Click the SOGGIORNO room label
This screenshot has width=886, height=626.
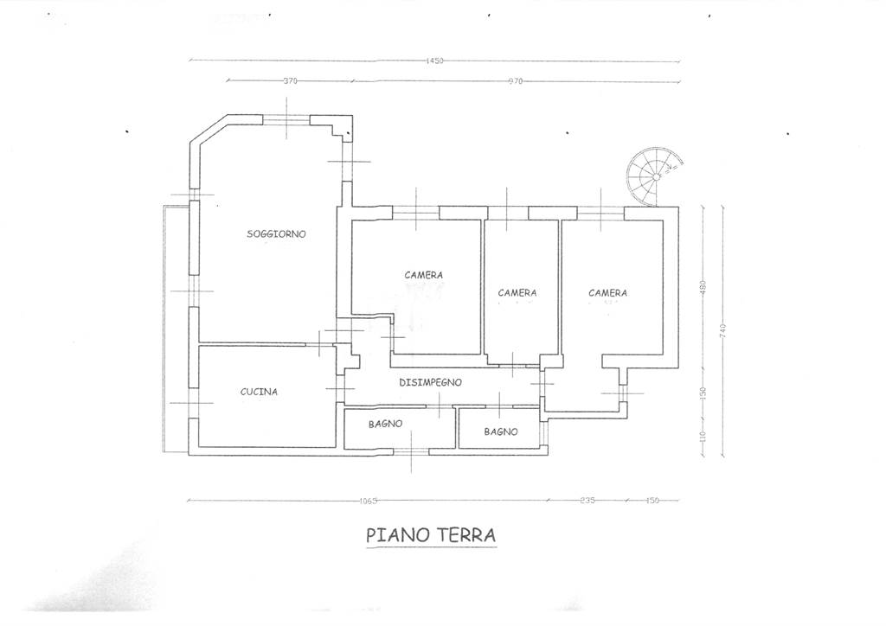276,233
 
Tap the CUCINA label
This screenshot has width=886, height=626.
259,391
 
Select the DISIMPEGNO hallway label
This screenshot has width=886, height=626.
431,382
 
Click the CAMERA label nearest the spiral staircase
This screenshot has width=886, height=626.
607,292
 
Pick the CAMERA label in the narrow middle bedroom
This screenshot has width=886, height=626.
517,292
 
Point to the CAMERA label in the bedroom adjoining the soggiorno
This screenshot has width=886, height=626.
423,275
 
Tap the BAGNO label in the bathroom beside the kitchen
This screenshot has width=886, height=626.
385,424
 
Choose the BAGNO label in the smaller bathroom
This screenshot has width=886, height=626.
501,431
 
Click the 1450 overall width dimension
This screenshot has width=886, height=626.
434,61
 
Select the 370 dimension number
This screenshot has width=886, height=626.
290,80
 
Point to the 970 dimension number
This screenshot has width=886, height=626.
516,81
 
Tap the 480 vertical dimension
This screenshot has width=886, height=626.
703,287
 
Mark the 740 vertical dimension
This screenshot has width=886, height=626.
723,330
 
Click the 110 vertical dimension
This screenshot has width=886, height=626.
703,437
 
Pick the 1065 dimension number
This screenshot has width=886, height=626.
368,500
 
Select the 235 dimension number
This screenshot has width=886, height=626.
587,500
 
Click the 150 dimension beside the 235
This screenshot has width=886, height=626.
652,500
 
